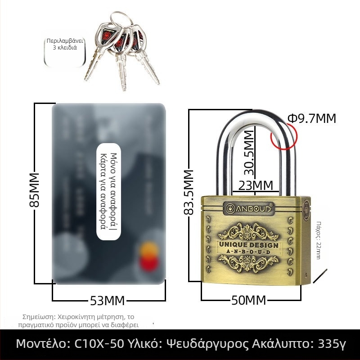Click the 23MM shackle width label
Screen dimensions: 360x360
(255, 185)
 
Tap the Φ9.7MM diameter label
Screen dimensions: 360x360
(312, 118)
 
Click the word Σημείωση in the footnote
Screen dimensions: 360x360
(39, 316)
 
